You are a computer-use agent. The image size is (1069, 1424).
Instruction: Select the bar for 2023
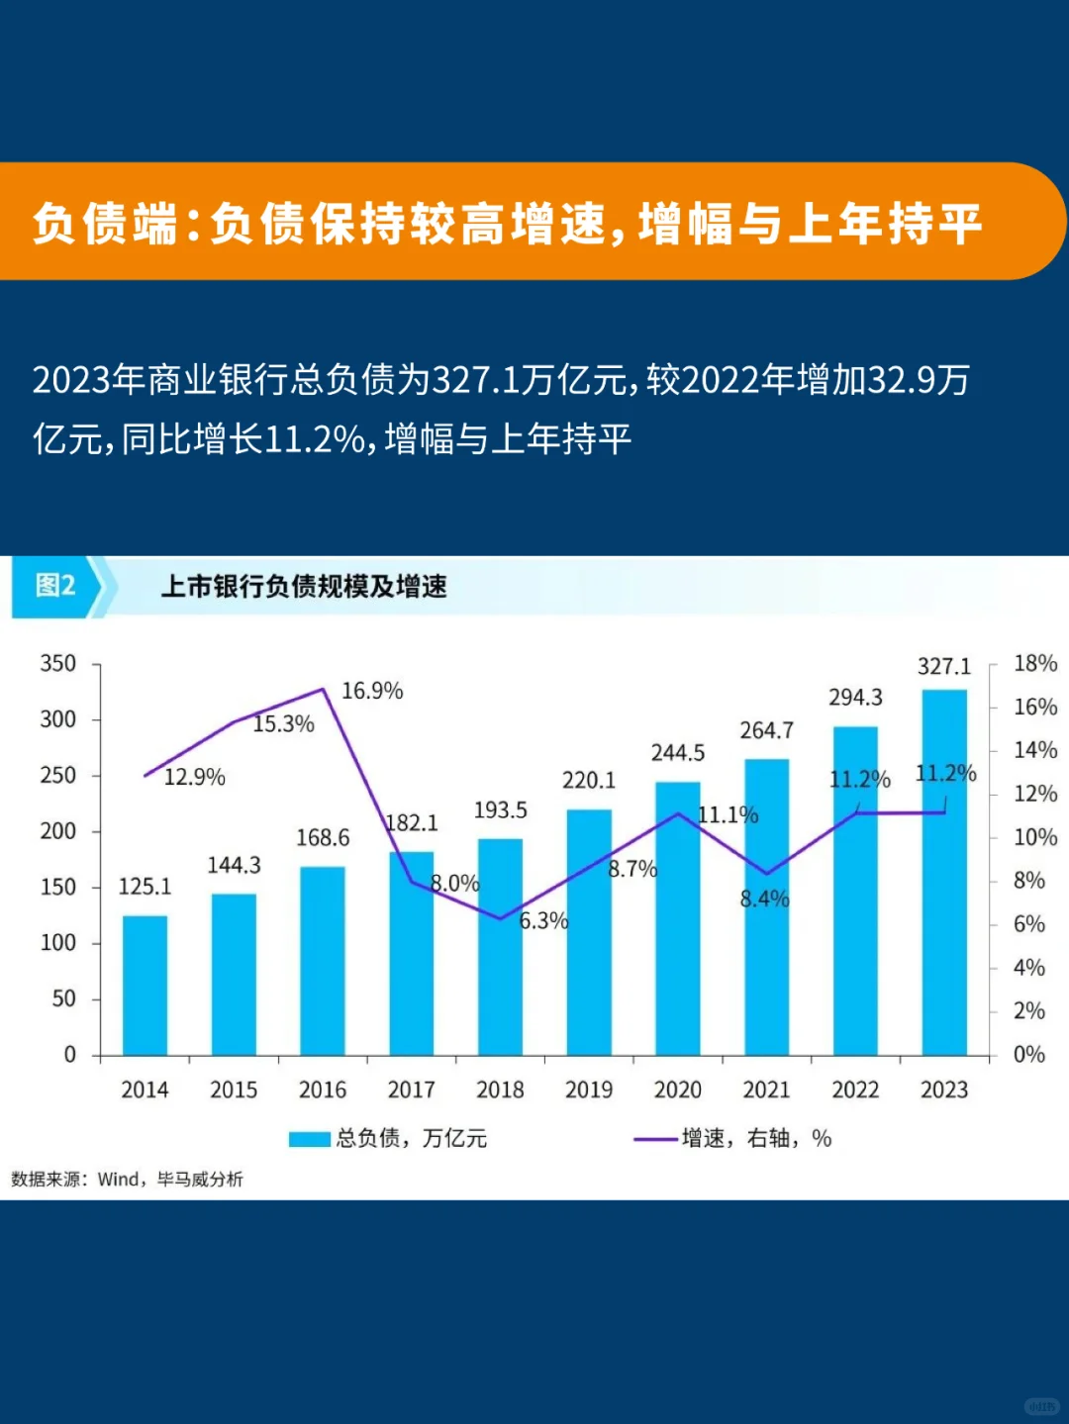(944, 871)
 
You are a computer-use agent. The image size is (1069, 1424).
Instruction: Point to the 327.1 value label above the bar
(944, 666)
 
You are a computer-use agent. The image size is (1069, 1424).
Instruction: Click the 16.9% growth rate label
(372, 691)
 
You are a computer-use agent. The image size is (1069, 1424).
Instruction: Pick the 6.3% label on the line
(543, 921)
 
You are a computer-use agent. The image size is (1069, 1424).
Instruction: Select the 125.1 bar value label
(145, 887)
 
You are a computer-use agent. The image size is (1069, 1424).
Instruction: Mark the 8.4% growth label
(764, 899)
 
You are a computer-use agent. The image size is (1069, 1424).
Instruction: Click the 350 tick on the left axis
(57, 663)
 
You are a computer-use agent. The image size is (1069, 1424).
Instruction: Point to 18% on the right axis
(1034, 663)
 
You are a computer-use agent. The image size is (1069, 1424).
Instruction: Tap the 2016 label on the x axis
(323, 1090)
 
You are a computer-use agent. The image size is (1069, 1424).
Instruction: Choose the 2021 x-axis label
(766, 1090)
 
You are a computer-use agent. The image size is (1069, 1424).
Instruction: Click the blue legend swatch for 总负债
(309, 1139)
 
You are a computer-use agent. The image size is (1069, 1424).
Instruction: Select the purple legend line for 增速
(654, 1139)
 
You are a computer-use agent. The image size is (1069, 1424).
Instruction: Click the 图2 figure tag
(55, 586)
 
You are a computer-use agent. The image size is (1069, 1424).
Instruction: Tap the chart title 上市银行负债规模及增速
(304, 587)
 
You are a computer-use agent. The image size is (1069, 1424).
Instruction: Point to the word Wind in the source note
(119, 1179)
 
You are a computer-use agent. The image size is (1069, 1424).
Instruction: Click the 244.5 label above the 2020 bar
(678, 753)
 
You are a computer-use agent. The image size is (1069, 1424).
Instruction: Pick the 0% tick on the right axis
(1028, 1054)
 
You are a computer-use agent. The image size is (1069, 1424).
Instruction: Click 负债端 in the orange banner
(105, 223)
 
